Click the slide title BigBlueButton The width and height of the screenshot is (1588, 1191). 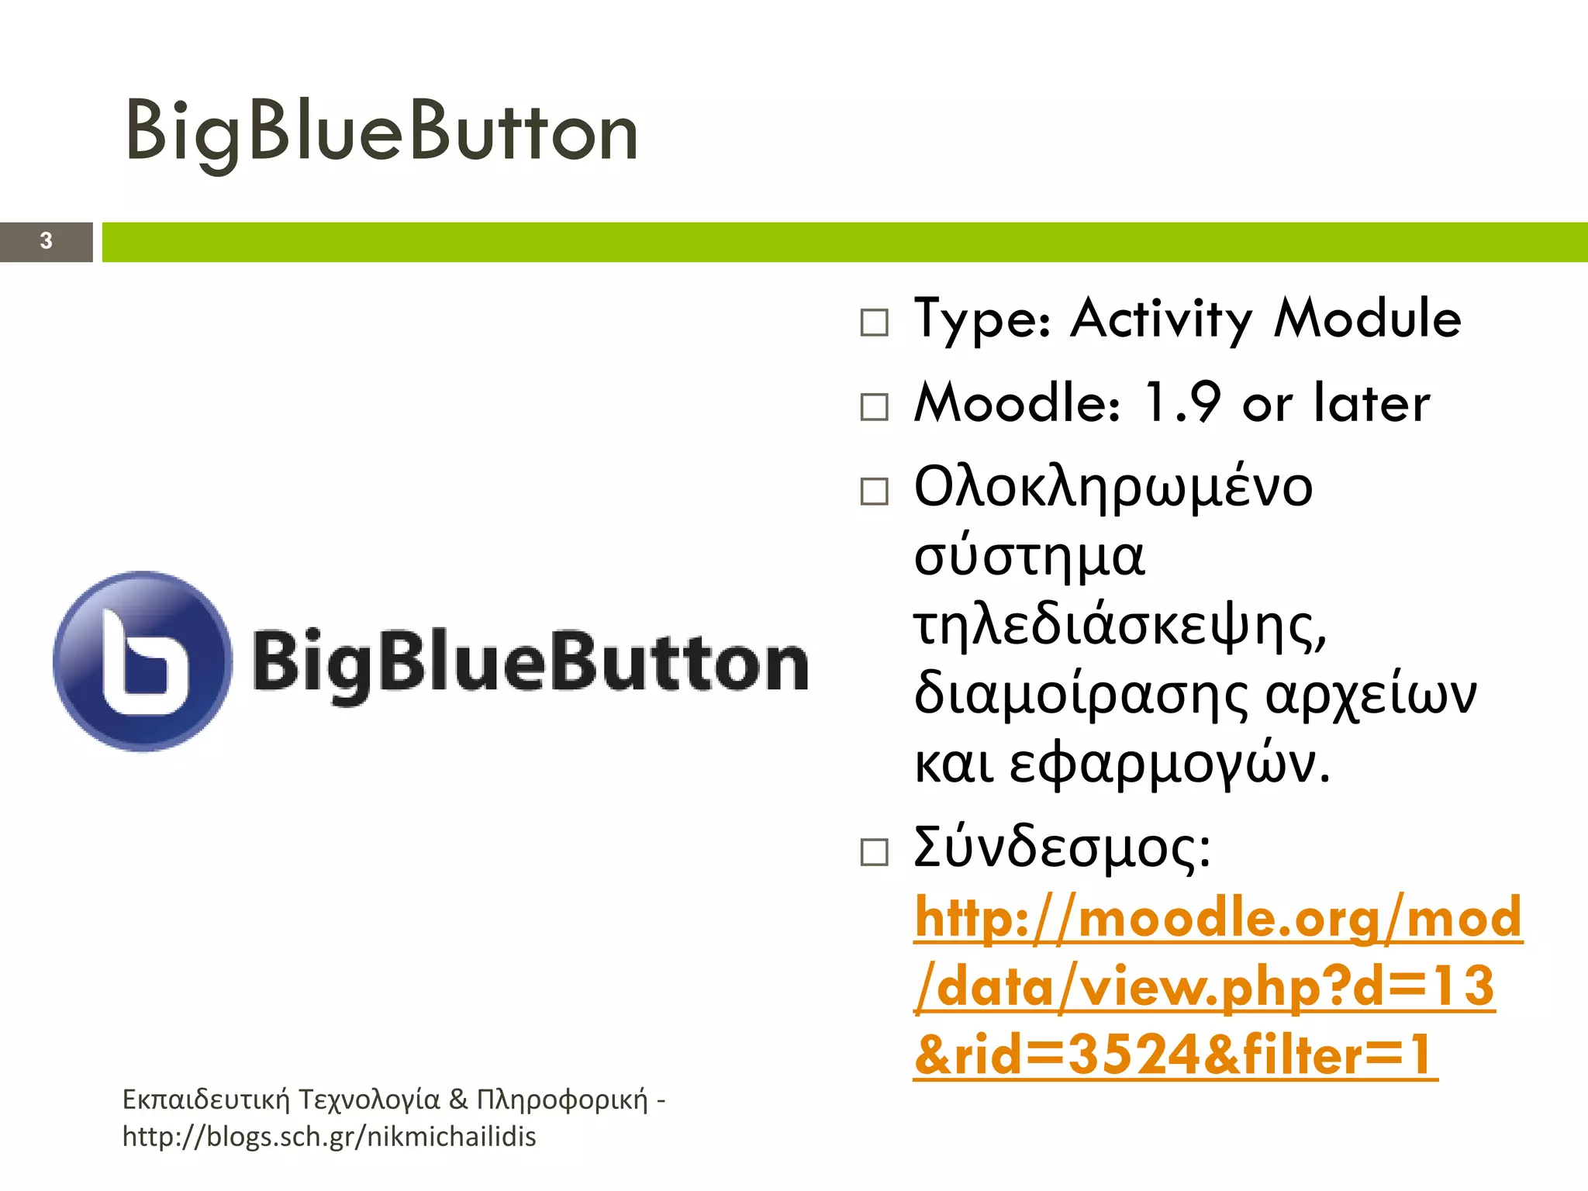381,132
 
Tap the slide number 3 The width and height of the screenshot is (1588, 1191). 47,241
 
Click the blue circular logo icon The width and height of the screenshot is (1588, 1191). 143,661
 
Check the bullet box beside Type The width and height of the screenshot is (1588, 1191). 875,323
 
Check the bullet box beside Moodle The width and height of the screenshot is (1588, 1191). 875,406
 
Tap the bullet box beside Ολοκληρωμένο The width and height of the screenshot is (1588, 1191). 875,492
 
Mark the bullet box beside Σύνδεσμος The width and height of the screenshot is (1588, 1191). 875,852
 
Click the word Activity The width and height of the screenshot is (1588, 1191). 1161,319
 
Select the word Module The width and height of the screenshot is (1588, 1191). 1368,319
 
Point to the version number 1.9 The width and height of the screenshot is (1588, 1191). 1182,403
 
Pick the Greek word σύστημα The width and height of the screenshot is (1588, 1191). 1029,557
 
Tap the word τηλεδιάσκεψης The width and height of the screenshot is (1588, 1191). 1120,627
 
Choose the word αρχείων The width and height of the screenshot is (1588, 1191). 1371,695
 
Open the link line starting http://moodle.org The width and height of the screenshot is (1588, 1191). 1218,918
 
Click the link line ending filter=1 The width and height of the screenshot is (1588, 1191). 1175,1055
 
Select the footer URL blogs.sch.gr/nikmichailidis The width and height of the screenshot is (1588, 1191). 330,1137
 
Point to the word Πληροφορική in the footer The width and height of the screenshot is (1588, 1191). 562,1100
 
